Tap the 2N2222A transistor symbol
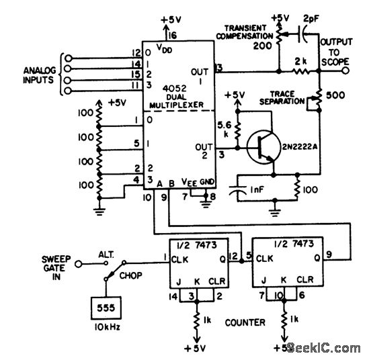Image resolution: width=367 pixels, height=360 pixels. click(x=261, y=147)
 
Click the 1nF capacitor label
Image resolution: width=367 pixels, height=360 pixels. click(x=259, y=190)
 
